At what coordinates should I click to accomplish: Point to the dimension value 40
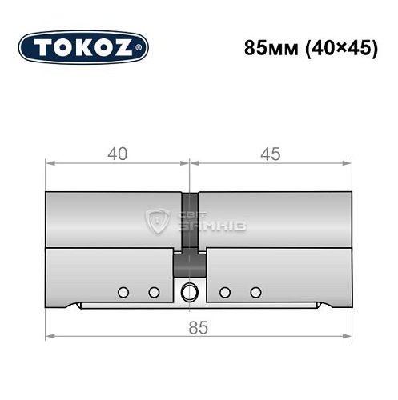pos(118,154)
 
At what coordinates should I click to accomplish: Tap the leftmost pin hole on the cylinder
pos(123,291)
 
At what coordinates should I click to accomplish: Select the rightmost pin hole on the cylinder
pos(256,291)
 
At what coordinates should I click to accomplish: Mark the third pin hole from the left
pos(226,291)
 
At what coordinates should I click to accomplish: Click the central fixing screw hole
pos(190,292)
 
